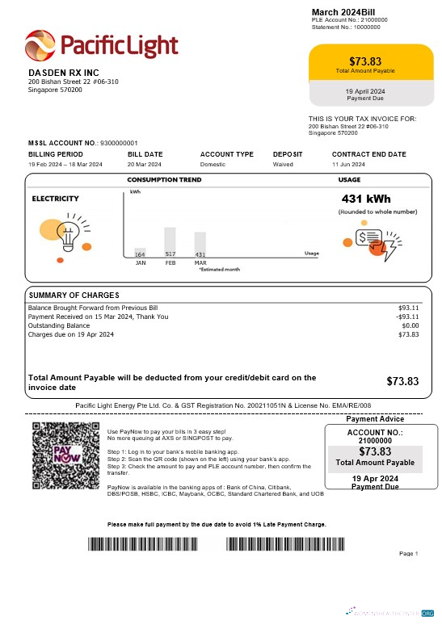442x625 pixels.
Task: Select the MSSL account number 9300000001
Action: point(119,142)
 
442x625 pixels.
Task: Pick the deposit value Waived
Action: point(284,164)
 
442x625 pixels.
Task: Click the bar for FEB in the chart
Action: point(170,239)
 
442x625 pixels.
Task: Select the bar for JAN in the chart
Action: point(140,250)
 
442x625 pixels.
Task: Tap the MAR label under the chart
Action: point(200,262)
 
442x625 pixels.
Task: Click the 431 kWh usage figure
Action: point(367,199)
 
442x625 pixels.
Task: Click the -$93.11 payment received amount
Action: point(406,317)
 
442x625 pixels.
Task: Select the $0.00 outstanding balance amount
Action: point(410,325)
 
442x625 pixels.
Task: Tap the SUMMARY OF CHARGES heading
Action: point(74,295)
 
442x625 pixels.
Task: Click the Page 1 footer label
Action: point(409,554)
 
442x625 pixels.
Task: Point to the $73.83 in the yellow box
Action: point(365,61)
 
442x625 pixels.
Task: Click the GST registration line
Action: point(223,405)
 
